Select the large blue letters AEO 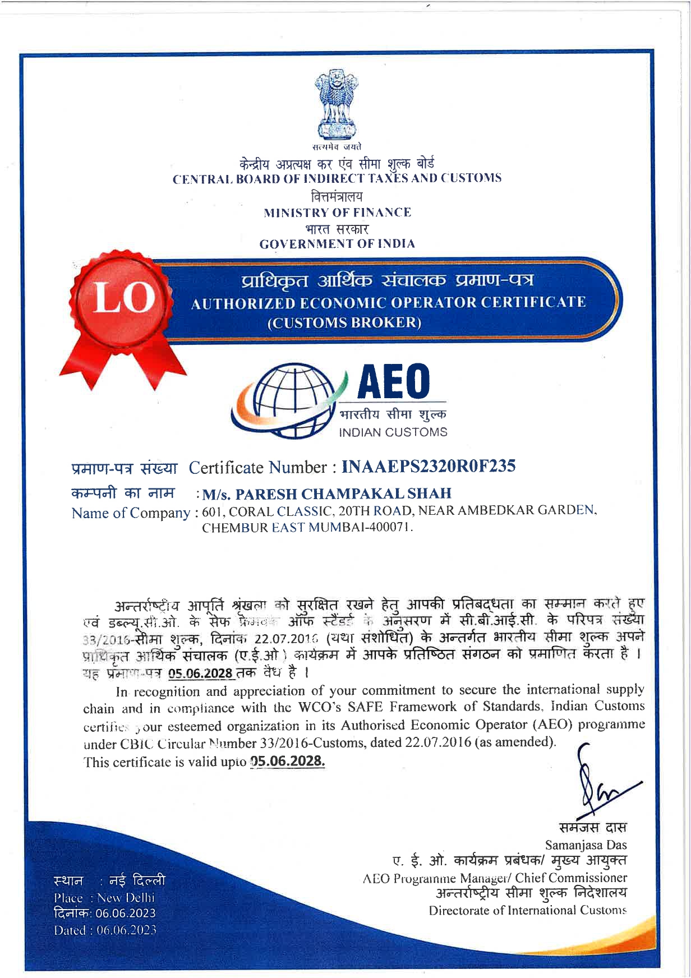coord(394,381)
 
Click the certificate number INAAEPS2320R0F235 coord(428,466)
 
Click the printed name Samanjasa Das coord(586,845)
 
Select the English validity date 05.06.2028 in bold coord(288,761)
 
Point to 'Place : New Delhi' coord(104,898)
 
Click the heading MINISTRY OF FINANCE coord(337,213)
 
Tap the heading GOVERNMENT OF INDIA coord(337,244)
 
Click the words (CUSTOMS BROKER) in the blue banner coord(344,322)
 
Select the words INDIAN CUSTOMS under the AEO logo coord(393,432)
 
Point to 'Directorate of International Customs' coord(527,910)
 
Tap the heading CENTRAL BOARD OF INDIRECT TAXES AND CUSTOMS coord(337,179)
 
